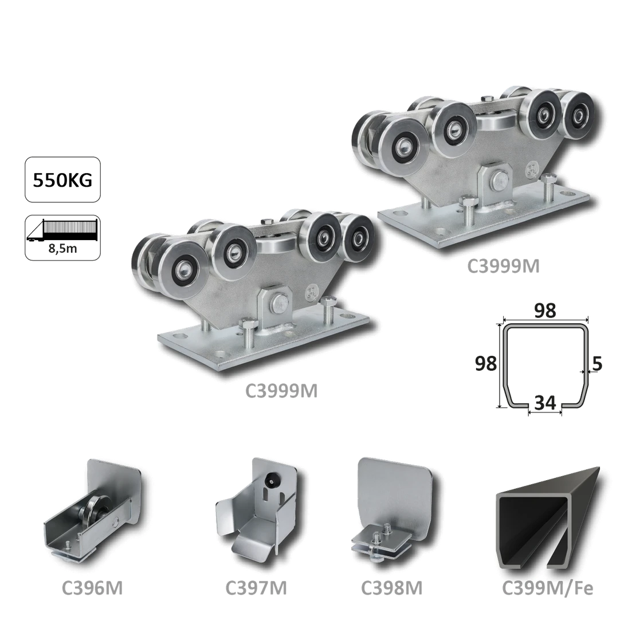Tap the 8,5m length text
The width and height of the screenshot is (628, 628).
pyautogui.click(x=64, y=249)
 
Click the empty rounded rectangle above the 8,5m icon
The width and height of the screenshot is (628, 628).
pyautogui.click(x=64, y=178)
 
